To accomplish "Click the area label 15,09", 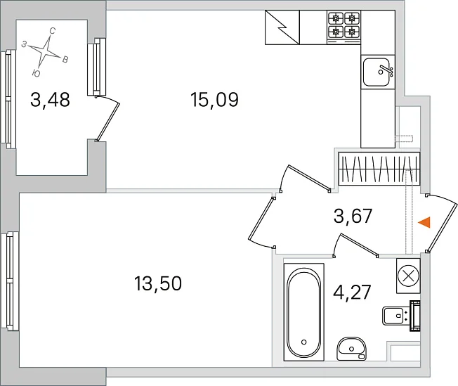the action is point(214,100).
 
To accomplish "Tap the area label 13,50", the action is point(158,283).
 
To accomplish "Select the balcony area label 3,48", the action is point(51,100).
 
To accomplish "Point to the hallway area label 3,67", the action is point(353,216).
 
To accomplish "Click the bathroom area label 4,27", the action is point(352,292).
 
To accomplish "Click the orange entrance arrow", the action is point(424,223).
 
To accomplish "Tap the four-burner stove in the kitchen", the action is point(343,27).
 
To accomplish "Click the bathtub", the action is point(303,312).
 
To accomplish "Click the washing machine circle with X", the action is point(408,276).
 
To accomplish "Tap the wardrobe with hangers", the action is point(379,169).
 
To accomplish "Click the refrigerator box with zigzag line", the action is point(282,27).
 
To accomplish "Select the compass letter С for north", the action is point(53,31).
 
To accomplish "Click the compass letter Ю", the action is point(37,73).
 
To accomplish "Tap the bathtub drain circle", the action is point(303,342).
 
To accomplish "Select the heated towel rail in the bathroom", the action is point(415,316).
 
